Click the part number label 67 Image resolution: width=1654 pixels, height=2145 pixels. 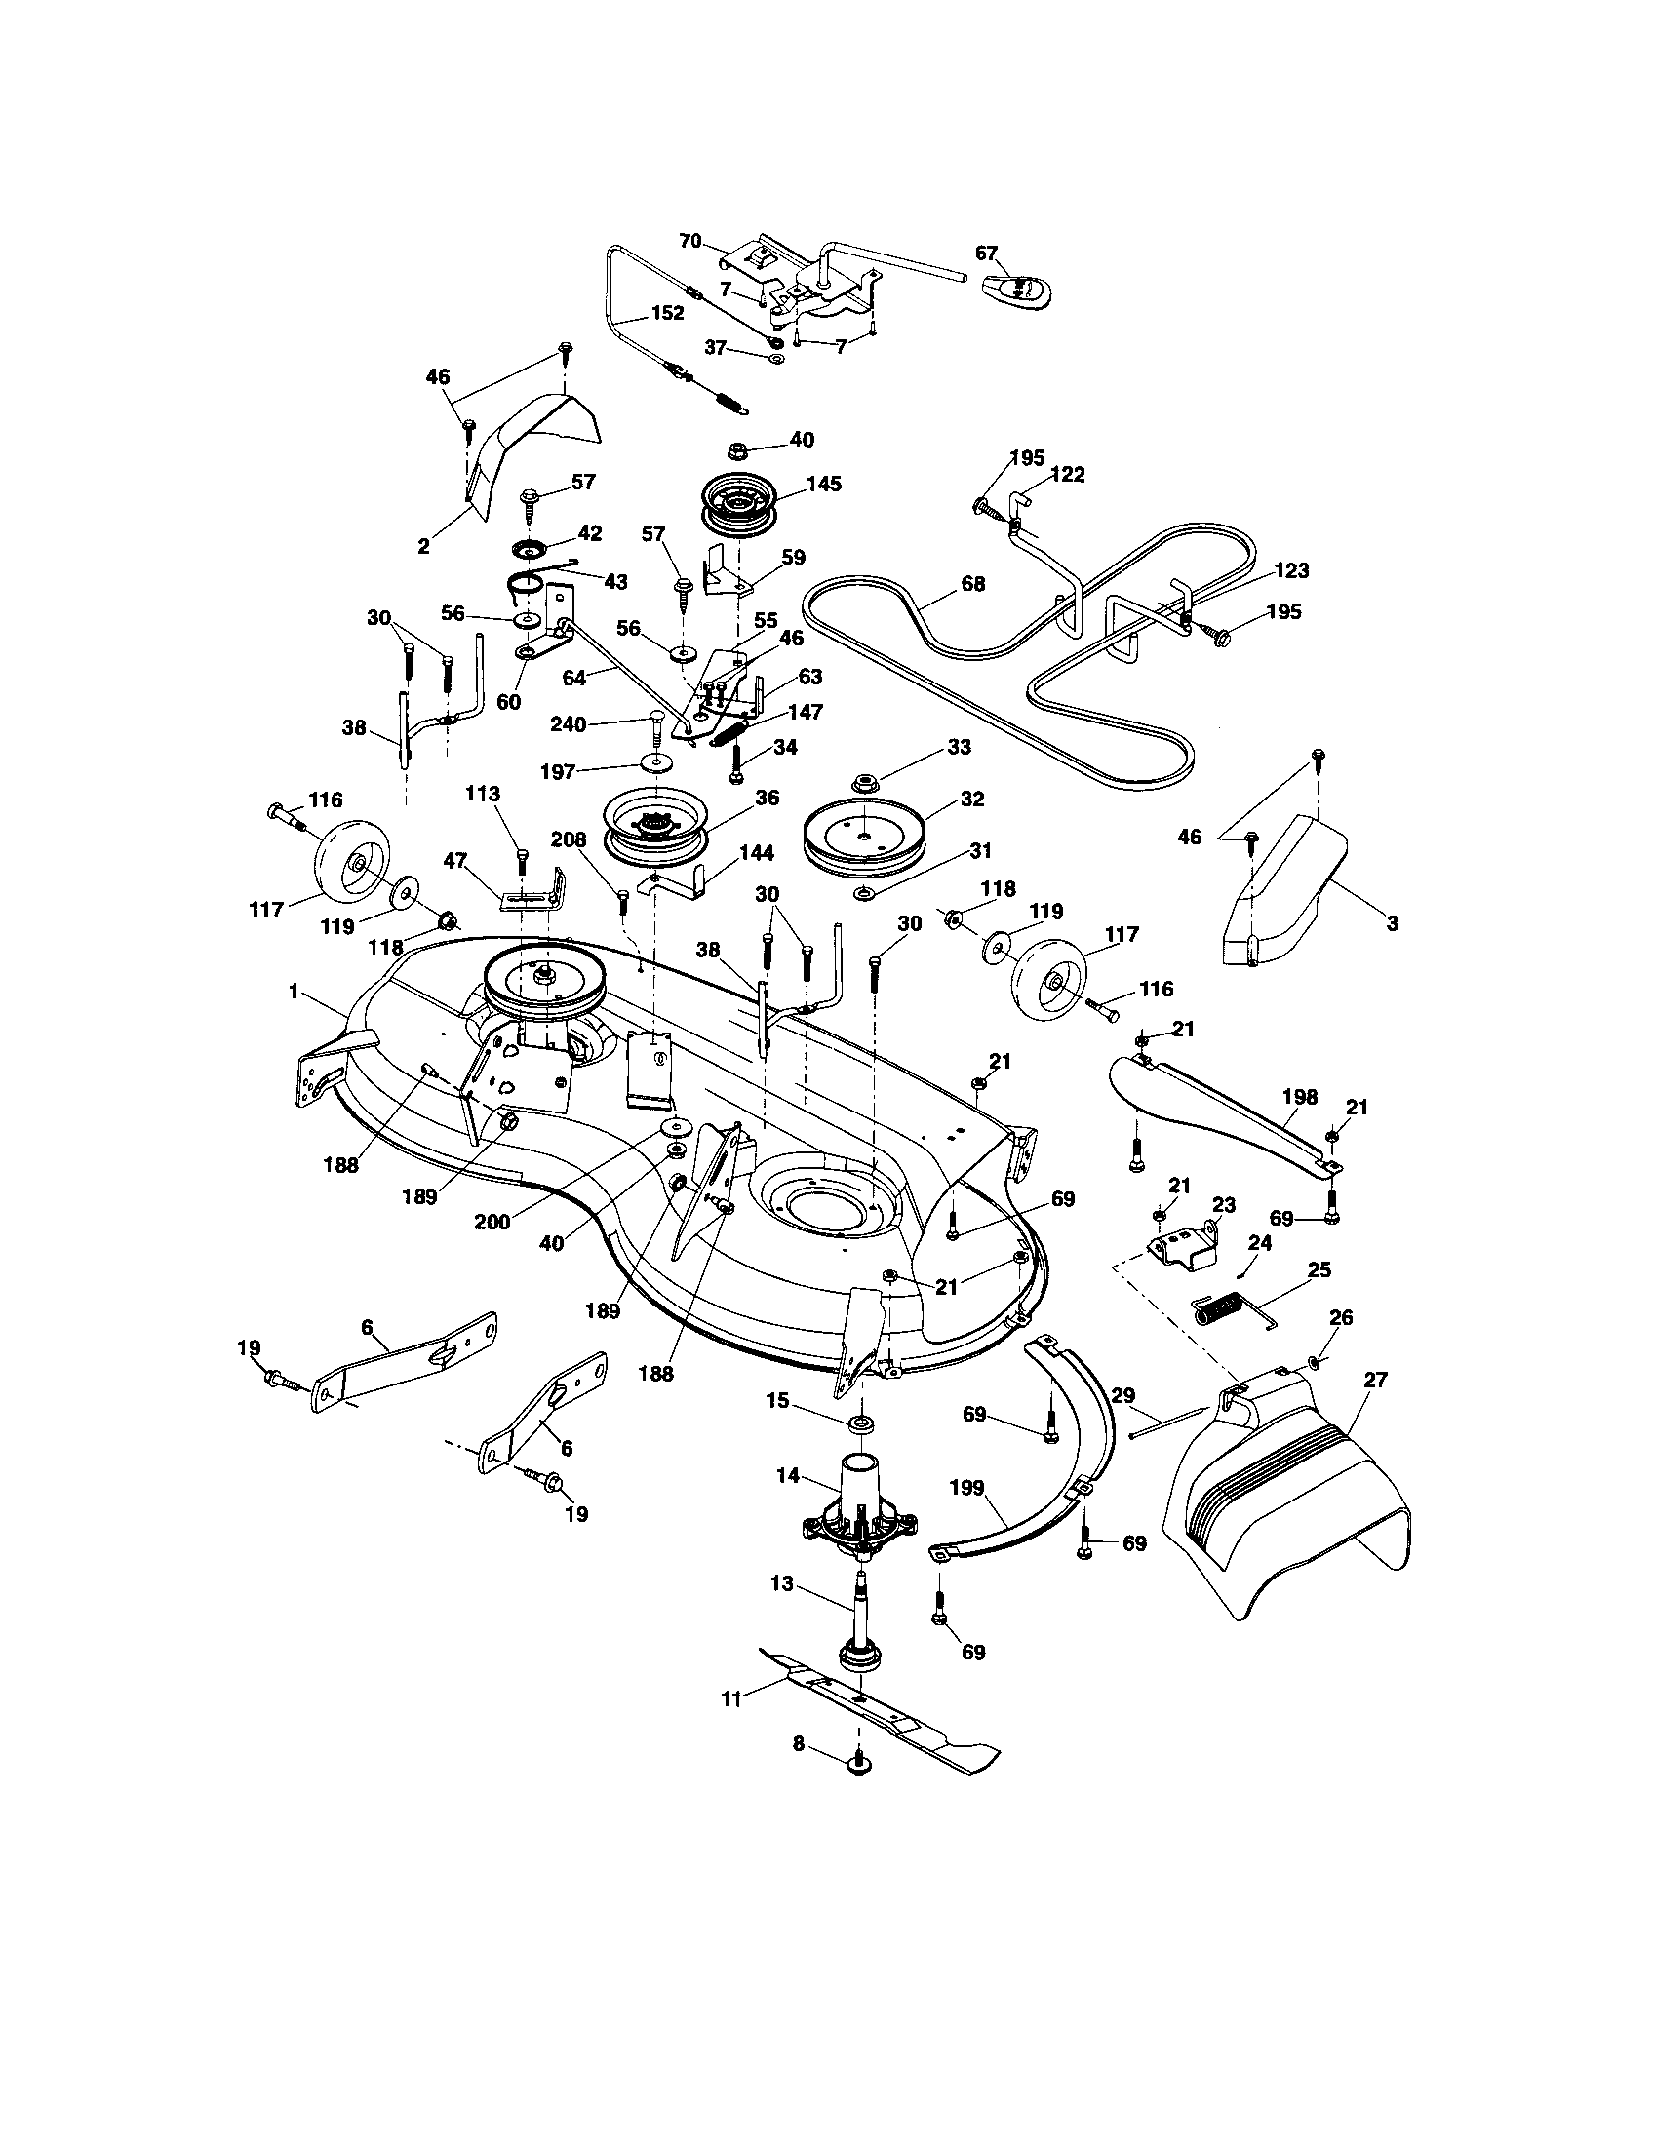pyautogui.click(x=986, y=253)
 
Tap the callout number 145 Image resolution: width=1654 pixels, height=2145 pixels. pyautogui.click(x=823, y=485)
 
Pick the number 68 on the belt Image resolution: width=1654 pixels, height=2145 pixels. pyautogui.click(x=971, y=584)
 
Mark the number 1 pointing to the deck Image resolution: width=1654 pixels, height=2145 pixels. pyautogui.click(x=293, y=992)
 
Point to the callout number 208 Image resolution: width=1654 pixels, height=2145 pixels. pyautogui.click(x=569, y=839)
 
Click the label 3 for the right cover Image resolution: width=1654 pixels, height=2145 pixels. pyautogui.click(x=1392, y=923)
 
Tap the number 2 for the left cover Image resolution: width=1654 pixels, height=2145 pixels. pyautogui.click(x=423, y=548)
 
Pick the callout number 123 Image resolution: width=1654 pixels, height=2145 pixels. pyautogui.click(x=1291, y=570)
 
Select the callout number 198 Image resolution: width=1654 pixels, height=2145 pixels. pyautogui.click(x=1299, y=1097)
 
